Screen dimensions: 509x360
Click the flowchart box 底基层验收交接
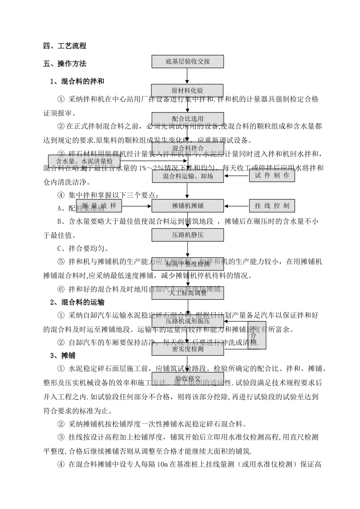point(188,61)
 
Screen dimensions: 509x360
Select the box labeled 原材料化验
point(188,91)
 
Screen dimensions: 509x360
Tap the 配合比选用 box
point(188,119)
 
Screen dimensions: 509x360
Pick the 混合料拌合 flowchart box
point(188,148)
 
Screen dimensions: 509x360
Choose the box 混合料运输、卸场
point(188,176)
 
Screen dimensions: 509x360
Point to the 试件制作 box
point(272,176)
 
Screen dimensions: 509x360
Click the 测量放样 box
point(99,206)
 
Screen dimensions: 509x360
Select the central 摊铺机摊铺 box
point(188,206)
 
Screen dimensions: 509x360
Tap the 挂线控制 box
point(272,206)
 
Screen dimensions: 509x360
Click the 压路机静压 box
point(188,235)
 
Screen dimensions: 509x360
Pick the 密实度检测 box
point(188,349)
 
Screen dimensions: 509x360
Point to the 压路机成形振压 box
point(188,321)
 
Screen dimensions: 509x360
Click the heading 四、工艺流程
point(65,46)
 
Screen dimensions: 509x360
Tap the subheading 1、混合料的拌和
point(77,81)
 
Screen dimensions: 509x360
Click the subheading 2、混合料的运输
point(77,302)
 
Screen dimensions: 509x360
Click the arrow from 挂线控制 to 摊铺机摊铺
point(236,206)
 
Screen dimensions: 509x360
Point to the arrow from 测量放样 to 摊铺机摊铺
point(136,206)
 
